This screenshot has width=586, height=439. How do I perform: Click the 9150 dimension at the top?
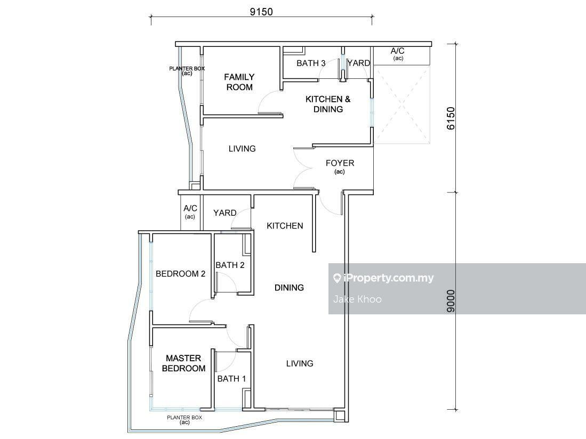pos(261,12)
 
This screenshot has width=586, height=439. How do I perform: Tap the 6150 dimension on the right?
pos(451,118)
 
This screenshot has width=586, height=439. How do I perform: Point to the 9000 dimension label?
pos(451,301)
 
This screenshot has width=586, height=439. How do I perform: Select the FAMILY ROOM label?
pos(239,82)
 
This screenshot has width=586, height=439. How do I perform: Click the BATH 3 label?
pos(311,63)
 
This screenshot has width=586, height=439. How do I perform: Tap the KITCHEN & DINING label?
pos(328,104)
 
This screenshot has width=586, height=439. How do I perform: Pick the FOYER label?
pos(340,163)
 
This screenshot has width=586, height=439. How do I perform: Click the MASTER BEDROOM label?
pos(183,363)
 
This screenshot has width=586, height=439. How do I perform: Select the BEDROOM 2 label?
pos(181,274)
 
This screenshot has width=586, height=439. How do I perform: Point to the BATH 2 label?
pos(230,265)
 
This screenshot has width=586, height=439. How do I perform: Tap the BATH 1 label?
pos(232,378)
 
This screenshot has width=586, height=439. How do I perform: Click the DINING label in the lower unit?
pos(289,288)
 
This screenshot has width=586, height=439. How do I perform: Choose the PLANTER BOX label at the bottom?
pos(184,418)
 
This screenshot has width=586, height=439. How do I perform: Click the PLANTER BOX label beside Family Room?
pos(187,69)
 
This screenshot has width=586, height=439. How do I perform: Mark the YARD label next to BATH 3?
pos(358,63)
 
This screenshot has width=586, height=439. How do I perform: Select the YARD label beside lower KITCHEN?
pos(225,213)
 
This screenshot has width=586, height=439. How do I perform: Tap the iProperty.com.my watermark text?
pos(388,278)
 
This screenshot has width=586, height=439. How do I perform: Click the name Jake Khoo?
pos(357,299)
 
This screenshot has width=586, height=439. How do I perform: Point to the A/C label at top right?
pos(398,51)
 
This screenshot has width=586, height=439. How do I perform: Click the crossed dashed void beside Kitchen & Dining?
pos(402,104)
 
